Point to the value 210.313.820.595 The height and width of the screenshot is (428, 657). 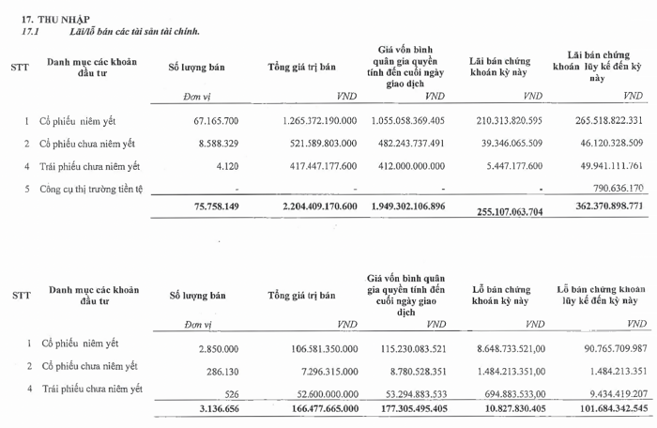coord(516,121)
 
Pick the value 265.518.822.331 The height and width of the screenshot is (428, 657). coord(604,121)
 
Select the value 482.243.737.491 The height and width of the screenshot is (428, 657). coord(405,144)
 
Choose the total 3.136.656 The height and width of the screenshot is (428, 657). coord(216,409)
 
